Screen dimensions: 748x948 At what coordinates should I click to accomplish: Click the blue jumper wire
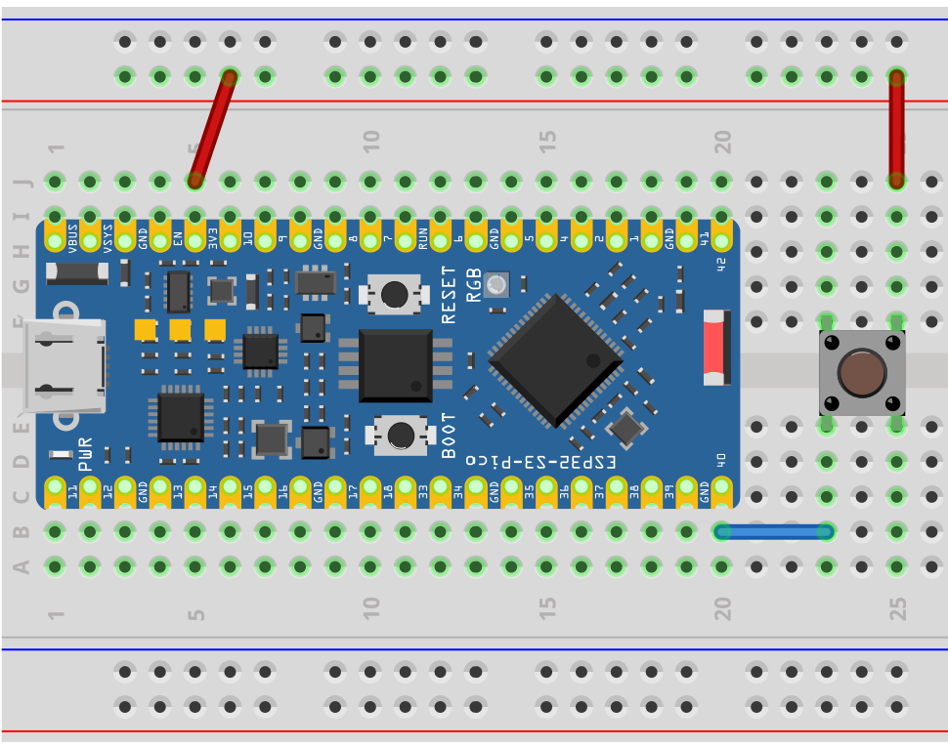tap(773, 532)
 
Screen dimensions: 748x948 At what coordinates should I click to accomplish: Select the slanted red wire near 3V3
tap(212, 129)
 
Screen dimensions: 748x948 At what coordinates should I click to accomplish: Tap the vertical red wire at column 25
tap(896, 127)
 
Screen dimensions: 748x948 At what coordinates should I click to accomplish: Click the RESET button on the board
tap(394, 293)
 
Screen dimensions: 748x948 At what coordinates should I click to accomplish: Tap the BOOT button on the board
tap(399, 436)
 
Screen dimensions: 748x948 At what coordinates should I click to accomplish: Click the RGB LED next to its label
tap(497, 284)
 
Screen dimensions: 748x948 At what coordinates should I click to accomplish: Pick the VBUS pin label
tap(73, 235)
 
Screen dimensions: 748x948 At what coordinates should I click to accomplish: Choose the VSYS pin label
tap(108, 235)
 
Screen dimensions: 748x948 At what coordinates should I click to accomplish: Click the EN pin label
tap(178, 236)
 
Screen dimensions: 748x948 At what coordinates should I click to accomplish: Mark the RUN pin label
tap(423, 237)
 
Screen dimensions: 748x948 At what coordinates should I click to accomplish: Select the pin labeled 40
tap(721, 459)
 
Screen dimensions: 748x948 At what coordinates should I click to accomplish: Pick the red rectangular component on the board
tap(715, 348)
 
